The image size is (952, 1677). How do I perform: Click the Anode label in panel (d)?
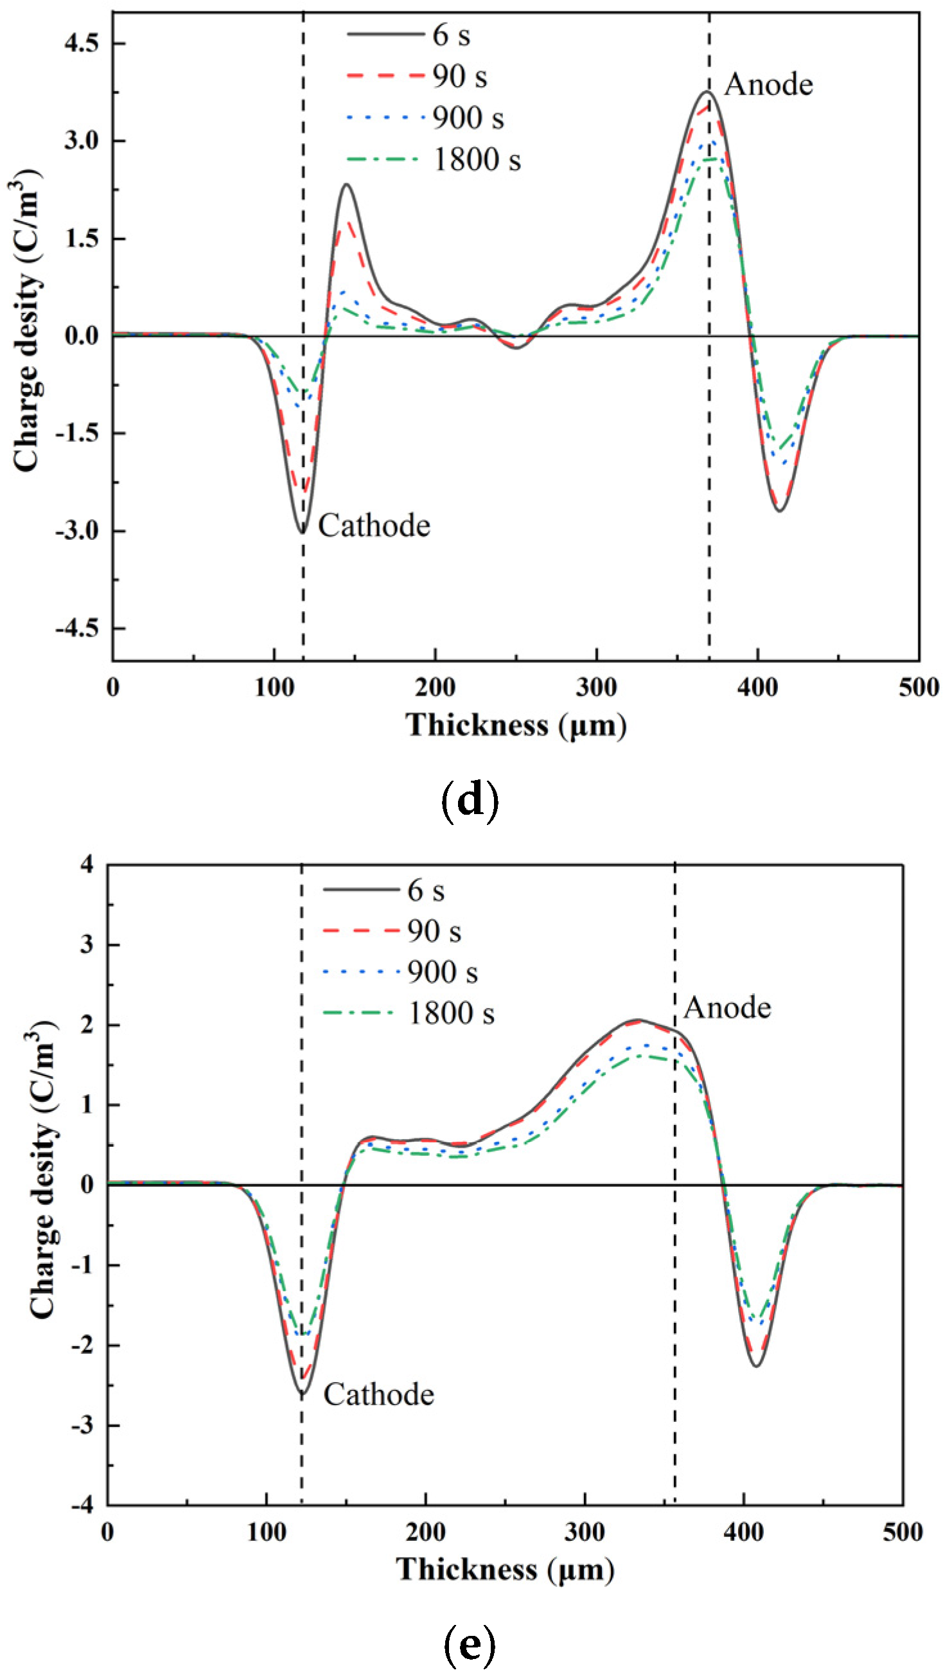tap(768, 85)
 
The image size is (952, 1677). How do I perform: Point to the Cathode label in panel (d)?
tap(374, 526)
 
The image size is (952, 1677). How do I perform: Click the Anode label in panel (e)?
tap(727, 1007)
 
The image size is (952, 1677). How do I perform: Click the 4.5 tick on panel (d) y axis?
tap(81, 44)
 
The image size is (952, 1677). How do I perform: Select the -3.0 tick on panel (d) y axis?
tap(76, 531)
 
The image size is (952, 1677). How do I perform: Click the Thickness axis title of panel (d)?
tap(516, 725)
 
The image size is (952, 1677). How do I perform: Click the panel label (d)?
tap(470, 801)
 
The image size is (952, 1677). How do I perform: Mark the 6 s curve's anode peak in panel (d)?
tap(707, 91)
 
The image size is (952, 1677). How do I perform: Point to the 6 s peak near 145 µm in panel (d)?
tap(346, 184)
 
